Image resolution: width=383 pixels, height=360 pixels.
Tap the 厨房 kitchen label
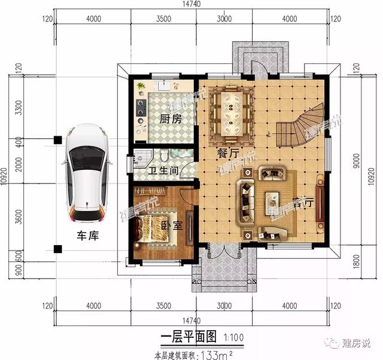tap(171, 119)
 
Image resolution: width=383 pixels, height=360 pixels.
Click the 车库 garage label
tap(87, 236)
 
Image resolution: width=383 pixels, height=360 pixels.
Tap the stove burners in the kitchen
tap(142, 108)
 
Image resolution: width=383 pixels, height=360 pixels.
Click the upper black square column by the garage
tap(57, 139)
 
